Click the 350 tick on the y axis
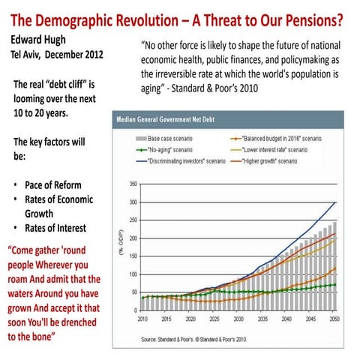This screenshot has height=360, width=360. tap(133, 184)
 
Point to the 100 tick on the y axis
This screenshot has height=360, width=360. tap(133, 274)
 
